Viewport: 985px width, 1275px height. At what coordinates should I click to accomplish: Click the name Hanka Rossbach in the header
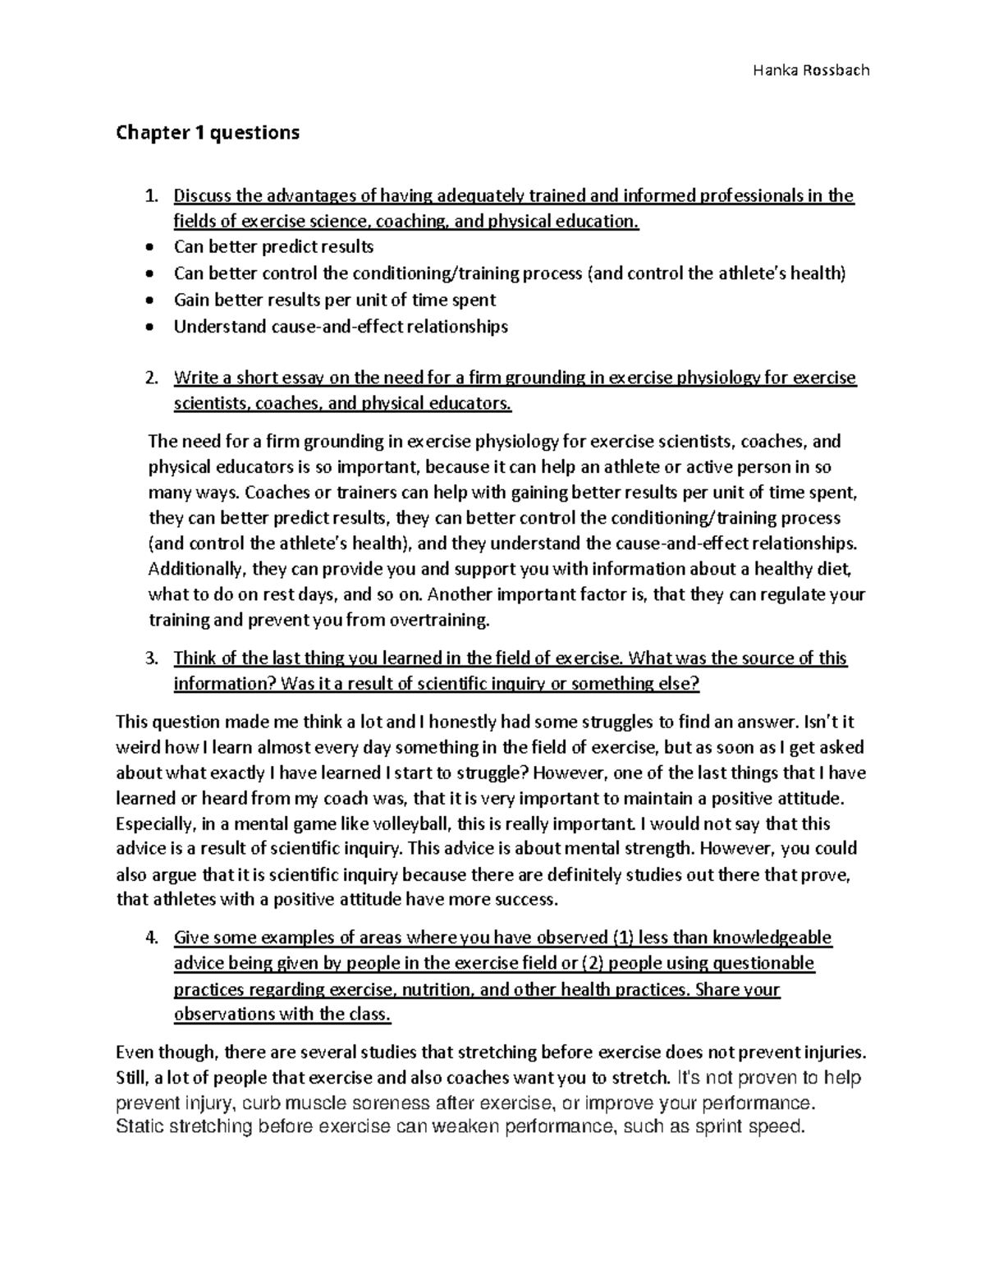(810, 70)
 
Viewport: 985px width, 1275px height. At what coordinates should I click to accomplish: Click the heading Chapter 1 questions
(208, 132)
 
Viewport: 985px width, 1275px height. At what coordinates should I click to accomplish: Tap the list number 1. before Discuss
(150, 196)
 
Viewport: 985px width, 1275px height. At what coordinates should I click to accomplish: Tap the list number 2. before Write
(150, 378)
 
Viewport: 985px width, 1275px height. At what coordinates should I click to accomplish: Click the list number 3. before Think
(150, 658)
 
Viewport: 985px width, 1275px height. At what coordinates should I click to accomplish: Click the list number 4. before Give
(150, 938)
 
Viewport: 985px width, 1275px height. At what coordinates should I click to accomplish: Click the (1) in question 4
(623, 938)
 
